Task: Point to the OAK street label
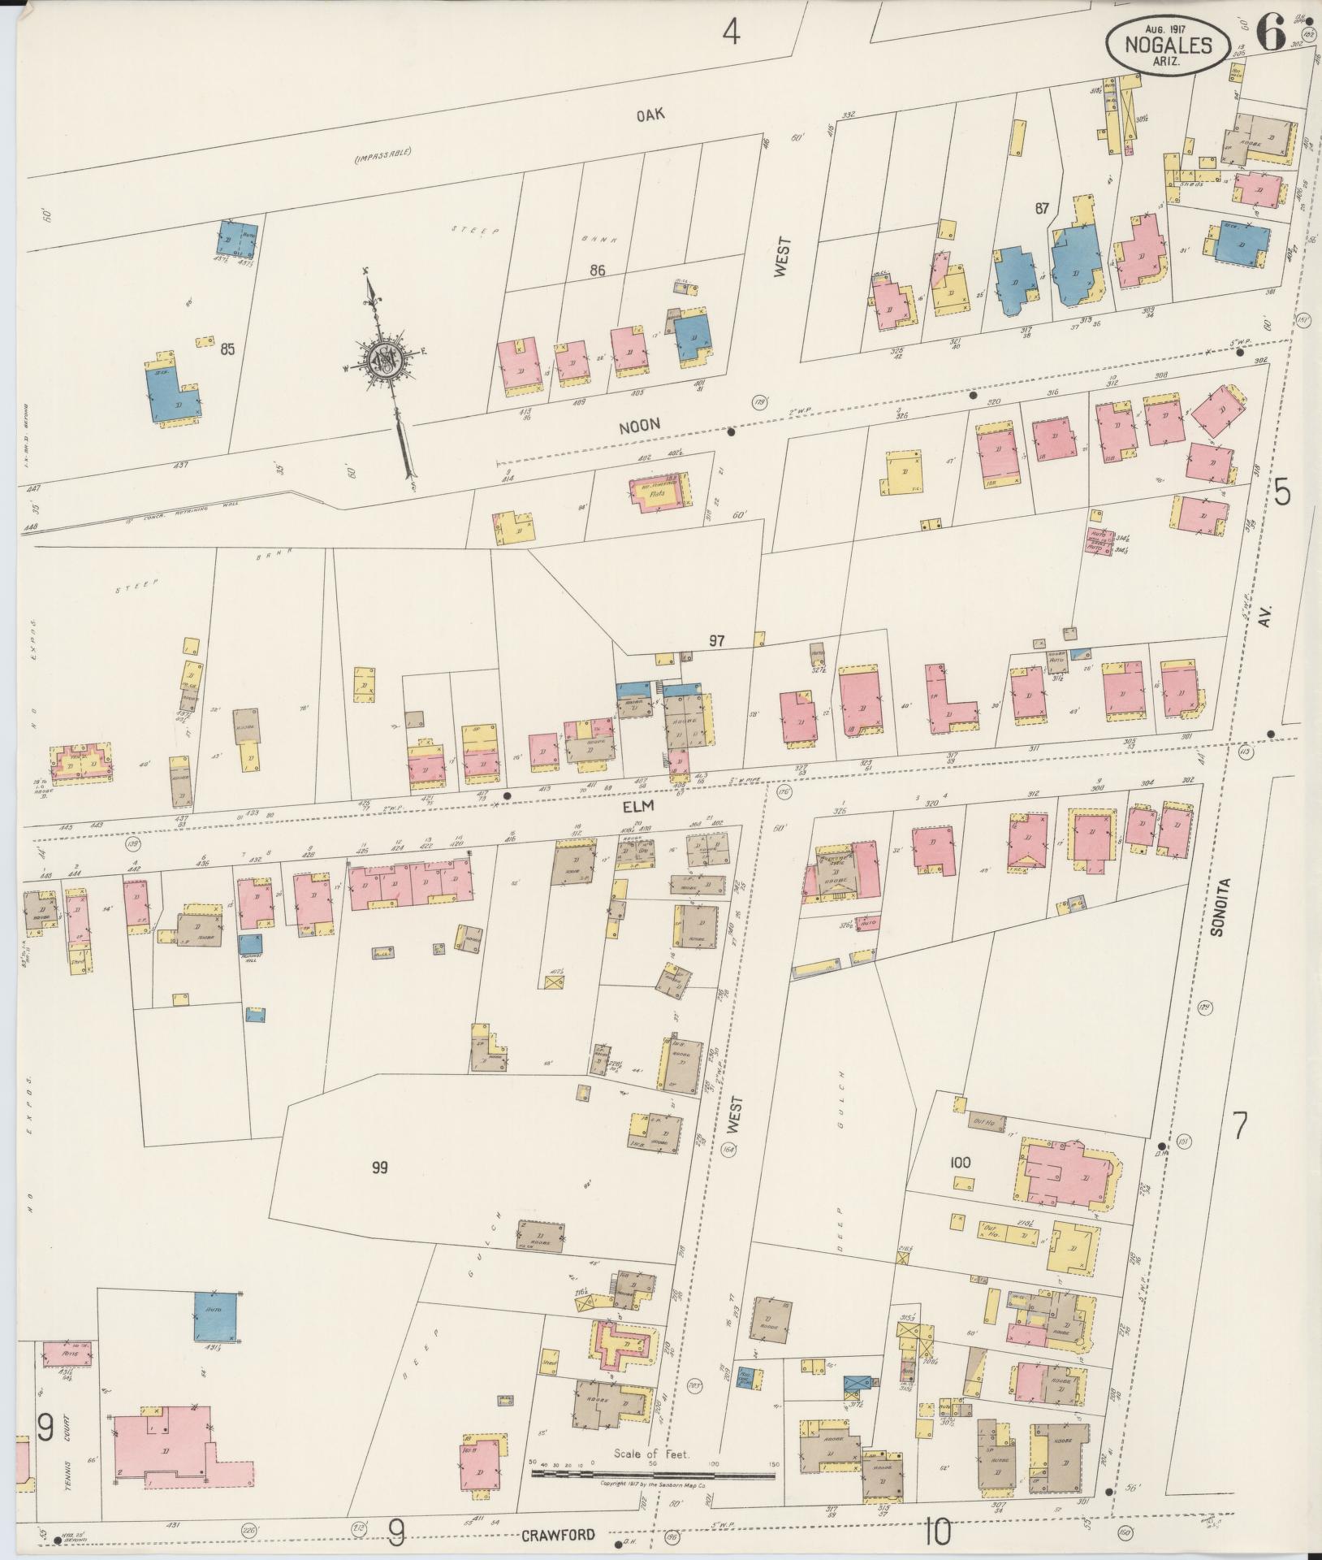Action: click(x=650, y=115)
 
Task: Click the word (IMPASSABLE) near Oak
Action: click(x=382, y=154)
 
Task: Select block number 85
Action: click(x=227, y=349)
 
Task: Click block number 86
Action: click(x=598, y=271)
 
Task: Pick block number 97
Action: click(x=715, y=641)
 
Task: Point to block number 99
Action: click(x=379, y=1168)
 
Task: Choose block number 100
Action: click(x=960, y=1163)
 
